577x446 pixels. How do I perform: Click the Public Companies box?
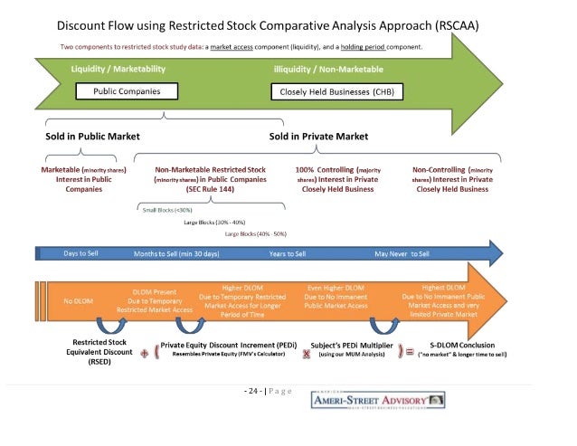(127, 91)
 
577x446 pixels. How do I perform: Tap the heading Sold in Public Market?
(94, 137)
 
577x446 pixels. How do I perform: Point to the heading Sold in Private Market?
(318, 137)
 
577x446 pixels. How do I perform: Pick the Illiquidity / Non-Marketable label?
(328, 69)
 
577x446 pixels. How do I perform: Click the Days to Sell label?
(81, 253)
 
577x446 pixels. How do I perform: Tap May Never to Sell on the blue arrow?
(402, 253)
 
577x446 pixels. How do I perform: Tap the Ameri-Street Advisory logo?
(377, 399)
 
